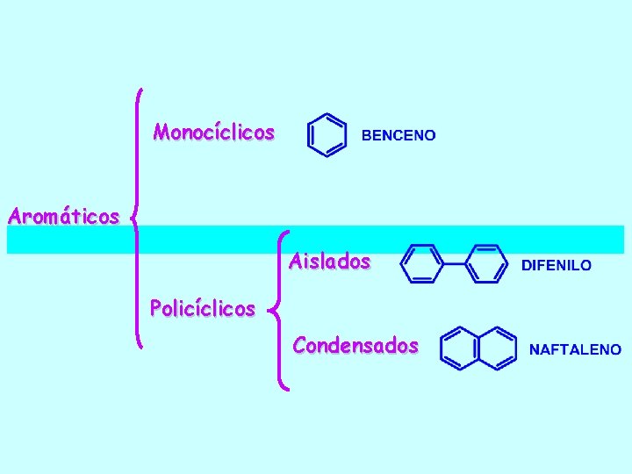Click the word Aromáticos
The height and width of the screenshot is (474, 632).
(62, 215)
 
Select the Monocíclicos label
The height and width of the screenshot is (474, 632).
(213, 133)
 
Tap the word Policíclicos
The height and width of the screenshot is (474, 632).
(202, 308)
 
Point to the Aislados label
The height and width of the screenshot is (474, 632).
(329, 262)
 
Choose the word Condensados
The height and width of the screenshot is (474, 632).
(355, 345)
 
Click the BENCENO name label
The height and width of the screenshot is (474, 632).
(399, 135)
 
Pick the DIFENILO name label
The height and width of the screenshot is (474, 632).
(557, 264)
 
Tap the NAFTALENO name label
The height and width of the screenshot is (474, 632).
(575, 349)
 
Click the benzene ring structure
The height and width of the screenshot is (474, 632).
(326, 135)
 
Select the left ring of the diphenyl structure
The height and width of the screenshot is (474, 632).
(421, 263)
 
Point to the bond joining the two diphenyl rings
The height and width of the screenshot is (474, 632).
(454, 263)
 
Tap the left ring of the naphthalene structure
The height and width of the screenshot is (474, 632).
(461, 348)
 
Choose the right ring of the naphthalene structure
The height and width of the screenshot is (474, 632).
(497, 348)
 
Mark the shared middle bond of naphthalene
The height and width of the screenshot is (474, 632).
(479, 348)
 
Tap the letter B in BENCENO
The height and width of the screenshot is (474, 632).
(367, 135)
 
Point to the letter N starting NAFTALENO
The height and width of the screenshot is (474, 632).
(535, 349)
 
